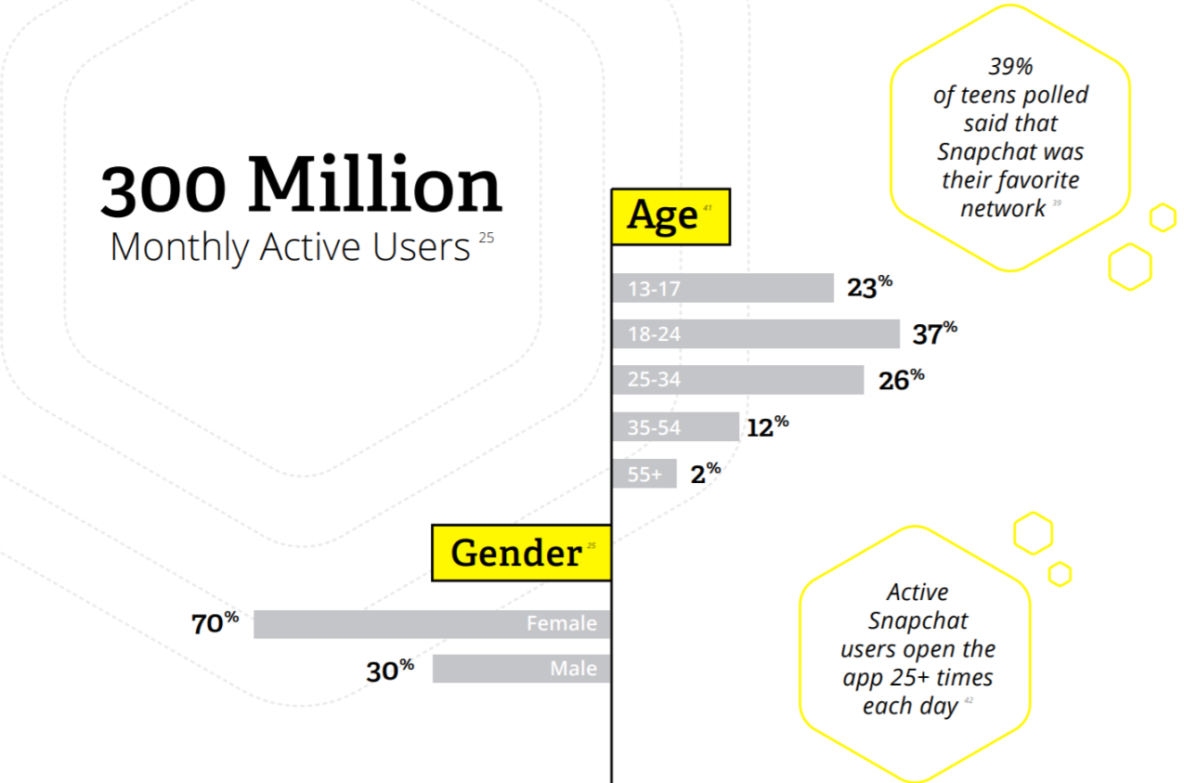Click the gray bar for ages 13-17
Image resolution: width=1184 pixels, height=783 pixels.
[x=722, y=288]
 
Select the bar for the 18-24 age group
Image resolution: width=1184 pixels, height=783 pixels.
[x=755, y=333]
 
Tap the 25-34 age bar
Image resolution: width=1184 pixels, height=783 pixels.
[x=737, y=379]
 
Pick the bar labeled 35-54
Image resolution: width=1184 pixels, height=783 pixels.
[x=675, y=427]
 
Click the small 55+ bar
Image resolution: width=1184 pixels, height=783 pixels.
[x=644, y=474]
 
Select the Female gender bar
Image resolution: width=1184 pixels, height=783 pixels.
[x=432, y=623]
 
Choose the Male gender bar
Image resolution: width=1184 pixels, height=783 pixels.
[x=521, y=669]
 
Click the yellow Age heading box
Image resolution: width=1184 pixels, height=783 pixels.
[x=670, y=216]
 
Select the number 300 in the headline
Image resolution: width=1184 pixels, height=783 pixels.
[x=163, y=189]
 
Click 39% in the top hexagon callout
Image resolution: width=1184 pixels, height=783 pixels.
[x=1010, y=67]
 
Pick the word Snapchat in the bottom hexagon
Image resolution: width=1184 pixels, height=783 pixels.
[x=917, y=620]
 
